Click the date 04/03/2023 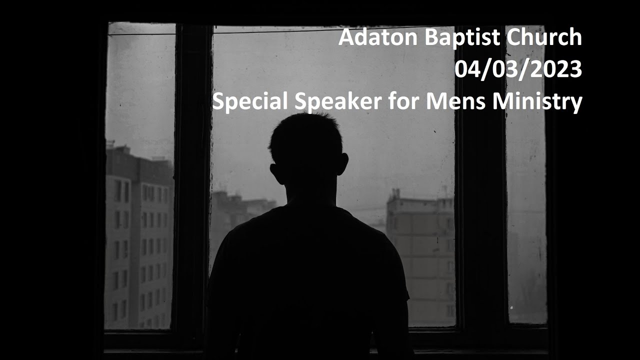point(518,70)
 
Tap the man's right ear point(342,163)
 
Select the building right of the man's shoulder point(422,250)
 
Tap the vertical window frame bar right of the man point(480,200)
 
